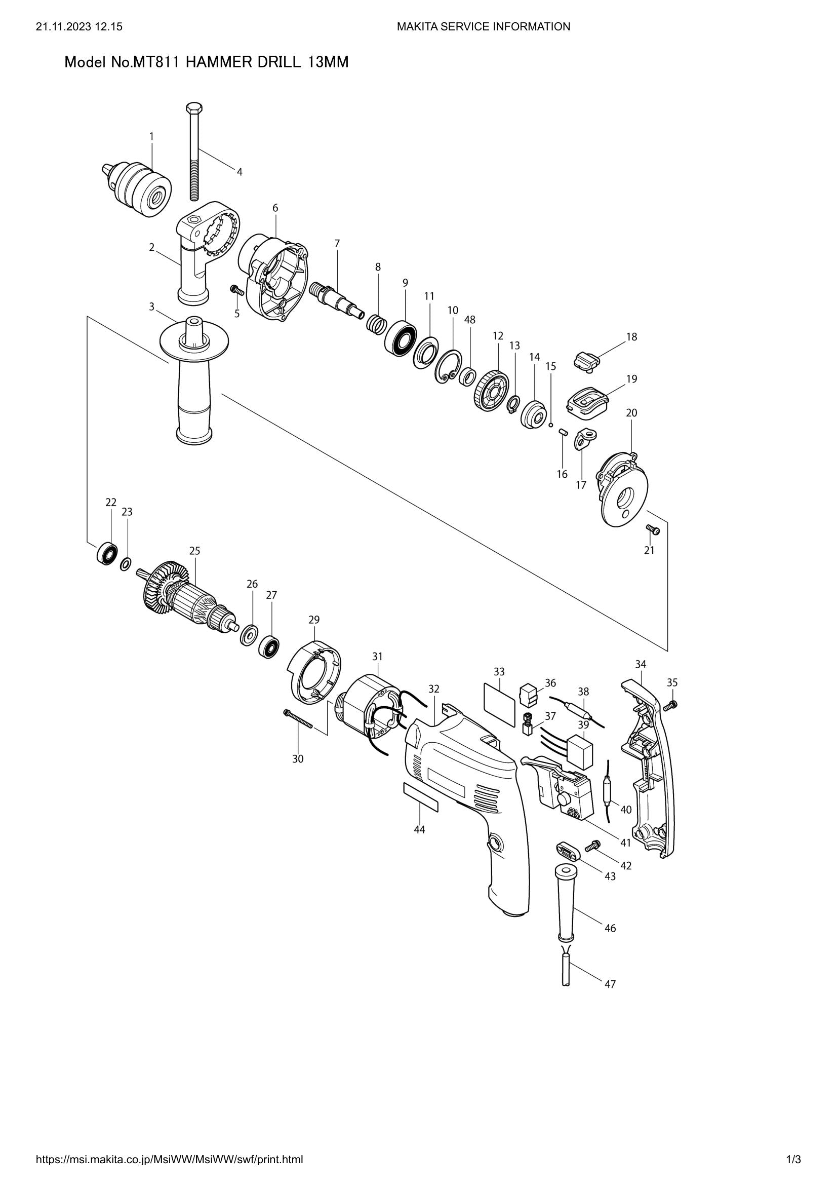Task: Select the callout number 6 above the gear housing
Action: point(275,208)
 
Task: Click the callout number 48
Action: point(469,320)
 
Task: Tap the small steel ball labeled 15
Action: point(551,425)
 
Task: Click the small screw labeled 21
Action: point(652,529)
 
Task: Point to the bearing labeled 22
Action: point(107,554)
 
